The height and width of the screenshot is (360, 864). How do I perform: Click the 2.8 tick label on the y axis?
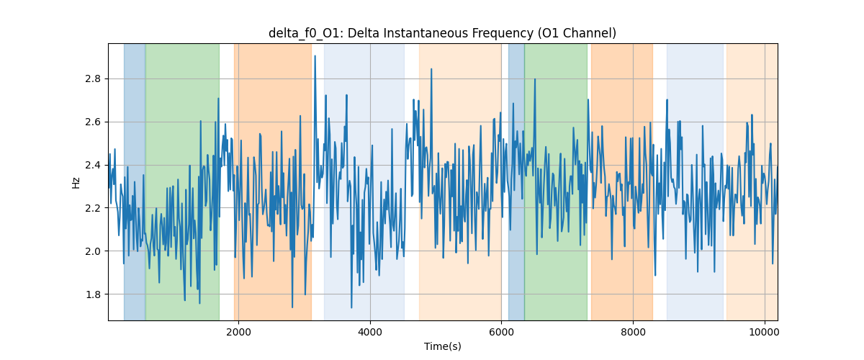click(x=92, y=79)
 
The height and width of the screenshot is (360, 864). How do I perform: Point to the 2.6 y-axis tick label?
click(x=92, y=122)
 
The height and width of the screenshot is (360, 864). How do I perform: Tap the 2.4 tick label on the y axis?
click(x=92, y=165)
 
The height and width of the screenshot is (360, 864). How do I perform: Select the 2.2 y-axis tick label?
click(x=92, y=208)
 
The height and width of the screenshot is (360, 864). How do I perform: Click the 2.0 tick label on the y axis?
click(x=92, y=251)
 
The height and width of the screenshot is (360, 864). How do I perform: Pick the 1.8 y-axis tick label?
click(x=92, y=294)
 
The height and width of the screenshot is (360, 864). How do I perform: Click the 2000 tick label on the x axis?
click(x=239, y=332)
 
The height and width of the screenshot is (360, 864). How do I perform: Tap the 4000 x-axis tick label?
click(x=370, y=332)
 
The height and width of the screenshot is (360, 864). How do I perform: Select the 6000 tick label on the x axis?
click(x=501, y=332)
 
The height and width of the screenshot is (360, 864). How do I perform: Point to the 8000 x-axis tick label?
click(x=633, y=332)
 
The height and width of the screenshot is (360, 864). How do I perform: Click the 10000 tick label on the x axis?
click(x=765, y=332)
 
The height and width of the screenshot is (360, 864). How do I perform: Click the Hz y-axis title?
click(x=76, y=183)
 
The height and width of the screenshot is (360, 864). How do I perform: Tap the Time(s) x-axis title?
click(x=443, y=346)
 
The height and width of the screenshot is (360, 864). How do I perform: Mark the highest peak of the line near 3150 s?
click(x=315, y=56)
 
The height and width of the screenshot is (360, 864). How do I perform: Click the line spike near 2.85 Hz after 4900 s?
click(x=431, y=69)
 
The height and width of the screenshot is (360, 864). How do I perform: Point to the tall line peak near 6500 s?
click(x=534, y=79)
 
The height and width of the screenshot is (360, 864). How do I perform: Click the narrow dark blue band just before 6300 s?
click(x=516, y=182)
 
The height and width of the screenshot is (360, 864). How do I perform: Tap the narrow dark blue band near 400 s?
click(x=135, y=182)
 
